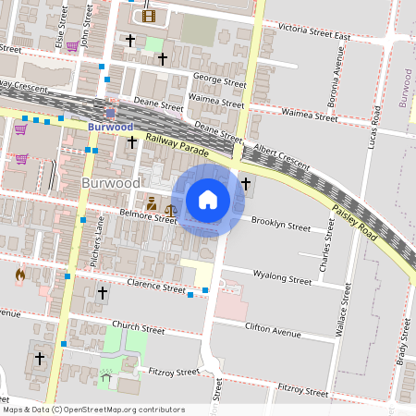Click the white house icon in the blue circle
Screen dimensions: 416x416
[x=208, y=200]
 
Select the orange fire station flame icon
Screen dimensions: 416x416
[x=20, y=275]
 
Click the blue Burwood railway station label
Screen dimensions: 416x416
[x=110, y=126]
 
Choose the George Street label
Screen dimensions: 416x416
[x=220, y=81]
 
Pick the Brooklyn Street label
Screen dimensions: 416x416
[x=281, y=225]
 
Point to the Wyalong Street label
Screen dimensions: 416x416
[x=282, y=276]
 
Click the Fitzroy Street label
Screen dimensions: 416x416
[x=174, y=372]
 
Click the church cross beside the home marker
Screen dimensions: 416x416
[x=245, y=184]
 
